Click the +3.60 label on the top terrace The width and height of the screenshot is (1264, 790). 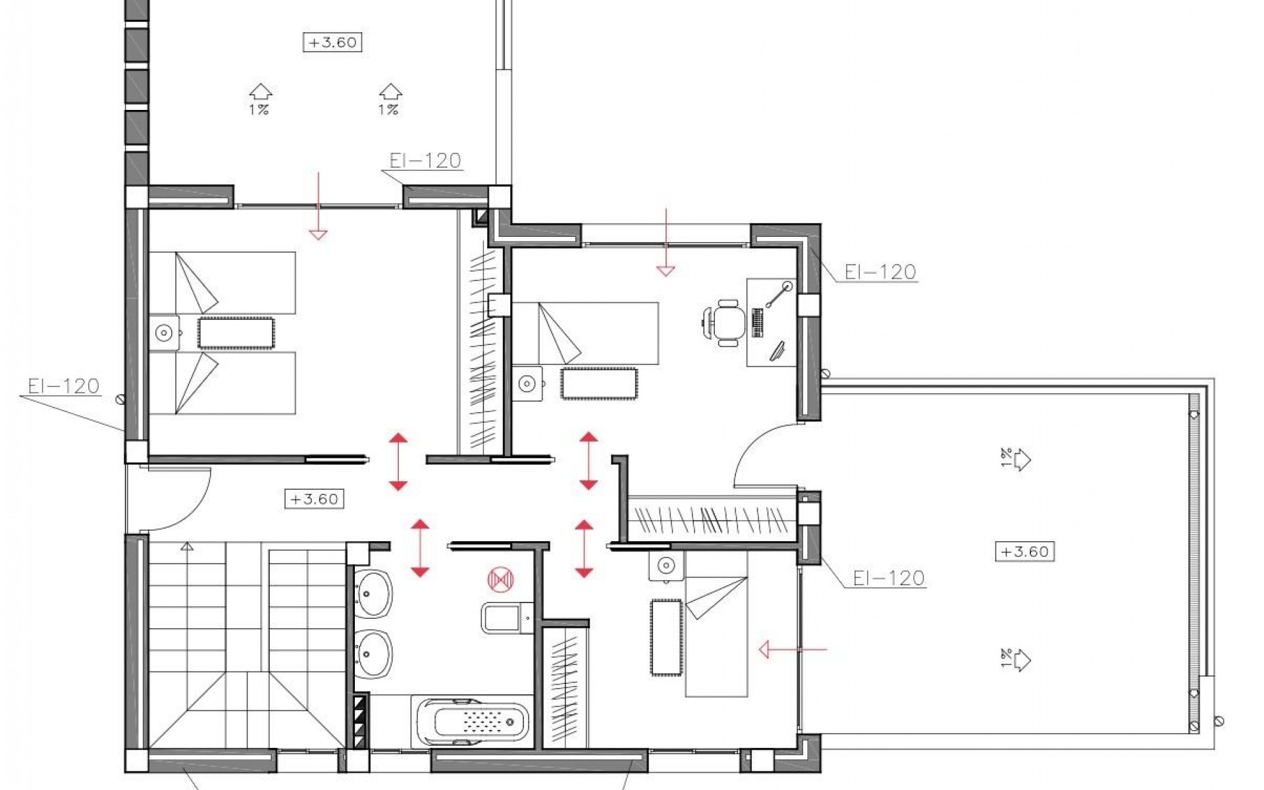coord(332,43)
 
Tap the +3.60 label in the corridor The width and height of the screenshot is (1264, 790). coord(314,499)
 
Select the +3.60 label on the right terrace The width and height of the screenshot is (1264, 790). coord(1024,551)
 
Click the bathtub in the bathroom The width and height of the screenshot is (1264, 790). coord(473,722)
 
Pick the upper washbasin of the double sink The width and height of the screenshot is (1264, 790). coord(373,594)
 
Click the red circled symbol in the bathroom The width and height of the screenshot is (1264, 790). coord(500,579)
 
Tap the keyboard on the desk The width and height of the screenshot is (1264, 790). coord(757,323)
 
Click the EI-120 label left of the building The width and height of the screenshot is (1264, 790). coord(64,386)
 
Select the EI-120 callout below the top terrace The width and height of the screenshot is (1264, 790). coord(425,161)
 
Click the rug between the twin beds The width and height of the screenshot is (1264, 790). coord(236,333)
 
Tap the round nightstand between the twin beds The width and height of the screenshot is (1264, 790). coord(163,334)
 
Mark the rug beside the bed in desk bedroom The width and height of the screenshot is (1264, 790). coord(598,383)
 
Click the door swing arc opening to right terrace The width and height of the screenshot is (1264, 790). coord(757,454)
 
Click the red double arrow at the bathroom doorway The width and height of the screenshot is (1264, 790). coord(420,548)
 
